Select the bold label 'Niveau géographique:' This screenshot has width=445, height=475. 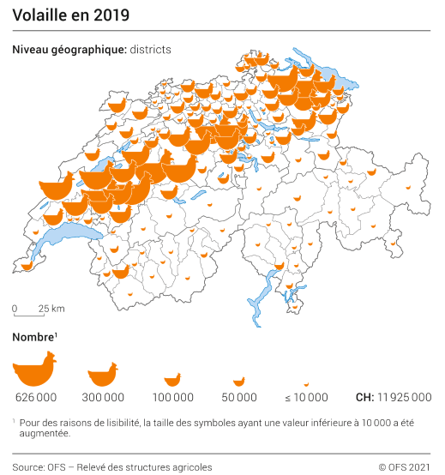(69, 50)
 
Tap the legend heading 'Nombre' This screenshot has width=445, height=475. (33, 337)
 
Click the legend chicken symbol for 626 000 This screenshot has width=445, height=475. (35, 370)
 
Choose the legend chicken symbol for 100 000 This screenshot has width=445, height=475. (172, 379)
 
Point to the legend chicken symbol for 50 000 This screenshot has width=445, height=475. (239, 381)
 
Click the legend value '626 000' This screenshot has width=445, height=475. (36, 398)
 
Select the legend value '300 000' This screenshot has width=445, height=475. (103, 398)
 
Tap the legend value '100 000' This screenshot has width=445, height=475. (172, 398)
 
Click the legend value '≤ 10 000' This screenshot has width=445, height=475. (306, 398)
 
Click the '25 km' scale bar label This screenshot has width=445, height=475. (51, 309)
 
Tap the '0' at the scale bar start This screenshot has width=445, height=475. (15, 309)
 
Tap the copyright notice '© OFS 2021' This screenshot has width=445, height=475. (405, 466)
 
